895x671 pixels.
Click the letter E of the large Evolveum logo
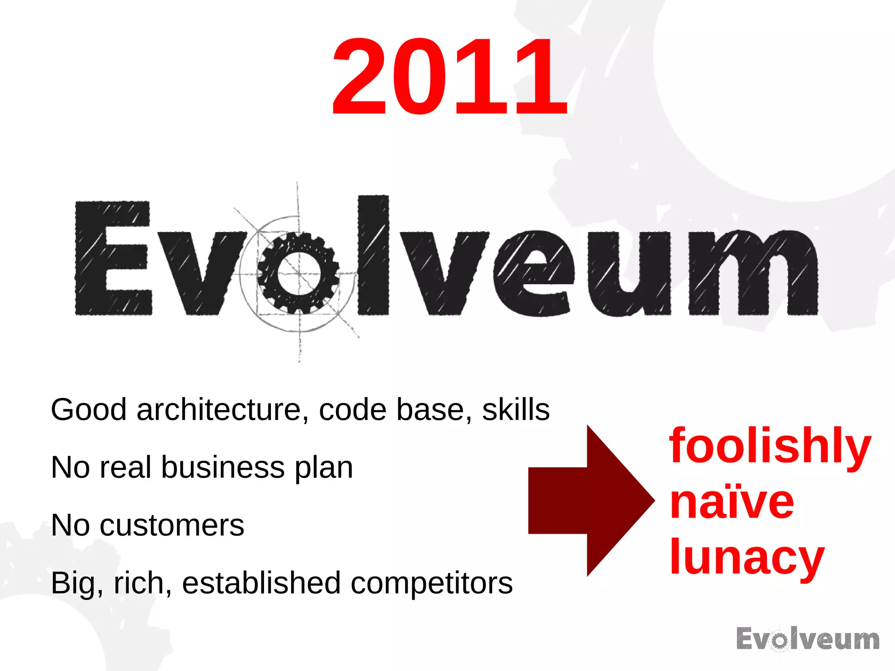[x=113, y=258]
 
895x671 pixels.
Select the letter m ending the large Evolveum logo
[x=753, y=273]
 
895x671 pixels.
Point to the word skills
[x=516, y=410]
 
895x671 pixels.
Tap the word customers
[x=172, y=525]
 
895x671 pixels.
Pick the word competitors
[x=431, y=584]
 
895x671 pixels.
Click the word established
[x=261, y=583]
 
